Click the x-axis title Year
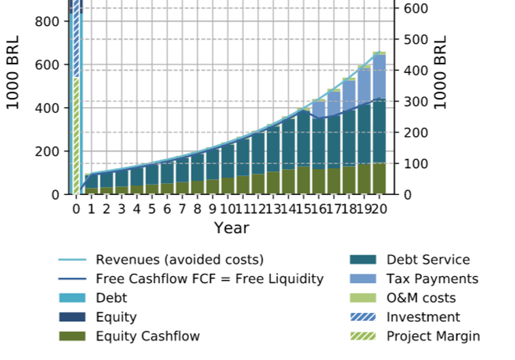[231, 228]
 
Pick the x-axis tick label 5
[152, 209]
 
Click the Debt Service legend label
[428, 260]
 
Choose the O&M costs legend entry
[421, 298]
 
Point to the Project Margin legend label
[433, 336]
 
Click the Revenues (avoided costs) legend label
[179, 260]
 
